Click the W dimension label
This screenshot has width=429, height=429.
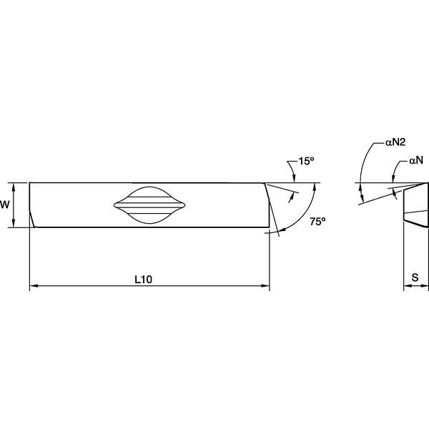[5, 204]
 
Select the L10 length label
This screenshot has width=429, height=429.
[144, 280]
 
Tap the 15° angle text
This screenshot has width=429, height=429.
[306, 162]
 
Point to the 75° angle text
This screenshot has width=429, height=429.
[317, 222]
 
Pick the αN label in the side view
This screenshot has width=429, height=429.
[418, 162]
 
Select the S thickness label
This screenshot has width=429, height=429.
[415, 277]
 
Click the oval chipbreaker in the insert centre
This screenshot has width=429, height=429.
[149, 205]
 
